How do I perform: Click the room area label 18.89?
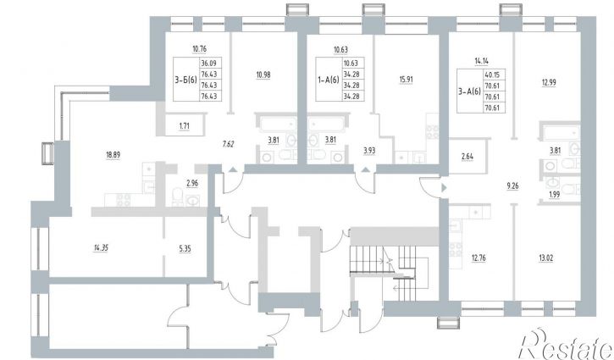(113, 155)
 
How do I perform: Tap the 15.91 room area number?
(406, 80)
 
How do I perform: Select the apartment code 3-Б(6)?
(186, 80)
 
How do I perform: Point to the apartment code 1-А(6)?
(329, 80)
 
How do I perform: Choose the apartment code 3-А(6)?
(469, 91)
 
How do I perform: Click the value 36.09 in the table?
(211, 63)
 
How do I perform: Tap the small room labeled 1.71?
(184, 126)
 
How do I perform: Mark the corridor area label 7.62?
(228, 144)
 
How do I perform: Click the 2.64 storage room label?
(467, 157)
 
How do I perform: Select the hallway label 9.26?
(512, 186)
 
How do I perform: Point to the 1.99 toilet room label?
(554, 194)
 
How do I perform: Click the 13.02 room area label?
(546, 258)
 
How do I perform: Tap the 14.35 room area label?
(101, 248)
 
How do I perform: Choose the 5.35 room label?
(185, 249)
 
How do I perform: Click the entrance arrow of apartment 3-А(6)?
(444, 188)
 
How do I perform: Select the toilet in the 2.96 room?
(177, 196)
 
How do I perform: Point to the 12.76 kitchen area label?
(478, 258)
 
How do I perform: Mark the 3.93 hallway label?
(369, 151)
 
